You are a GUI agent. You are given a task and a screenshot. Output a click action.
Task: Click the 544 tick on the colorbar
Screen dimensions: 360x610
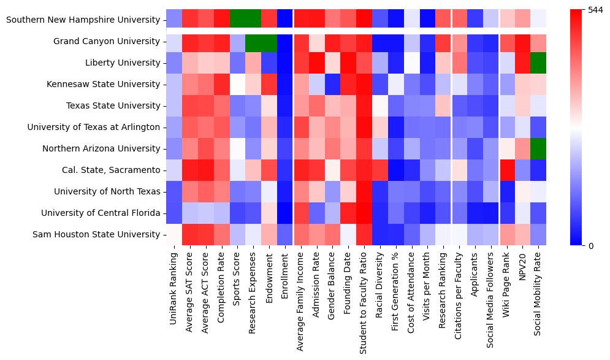click(x=595, y=10)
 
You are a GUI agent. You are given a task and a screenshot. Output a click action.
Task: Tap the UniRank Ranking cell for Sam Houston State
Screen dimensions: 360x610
click(x=174, y=234)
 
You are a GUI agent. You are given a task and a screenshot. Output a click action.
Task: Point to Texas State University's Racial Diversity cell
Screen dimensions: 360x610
click(x=379, y=105)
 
